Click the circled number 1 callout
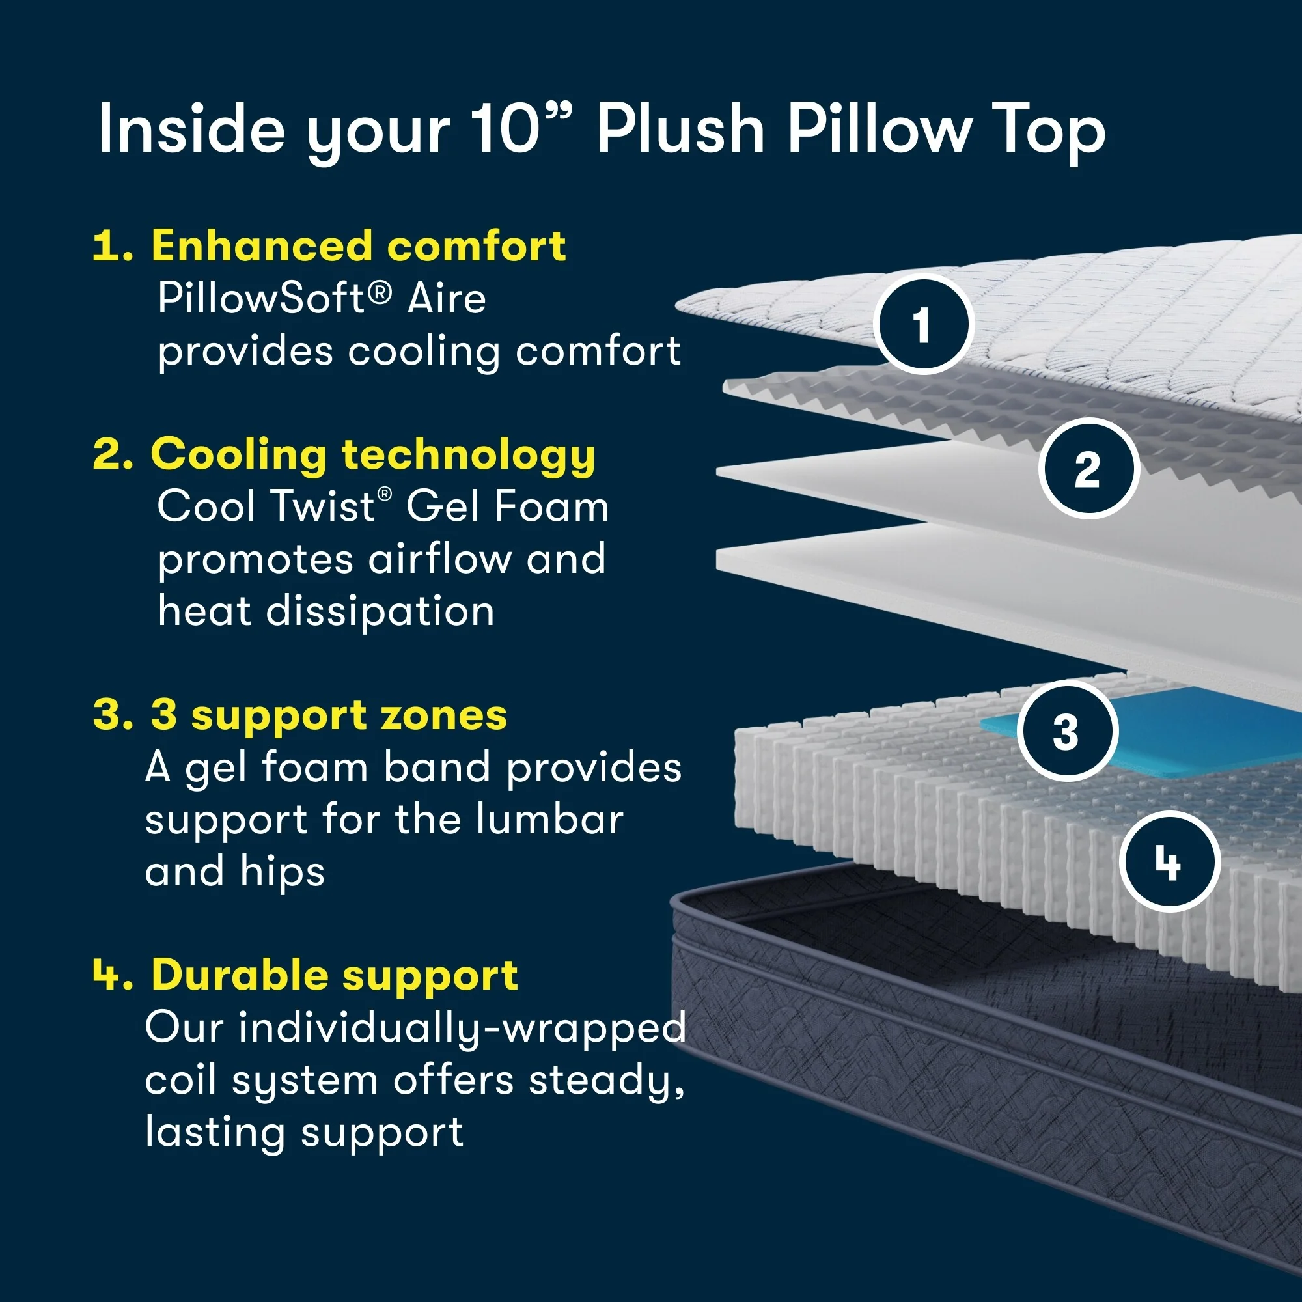pyautogui.click(x=923, y=324)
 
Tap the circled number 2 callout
pyautogui.click(x=1088, y=468)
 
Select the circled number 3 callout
pyautogui.click(x=1066, y=731)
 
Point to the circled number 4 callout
pyautogui.click(x=1169, y=862)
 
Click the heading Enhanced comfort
pyautogui.click(x=357, y=246)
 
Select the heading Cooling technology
pyautogui.click(x=372, y=454)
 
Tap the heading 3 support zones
pyautogui.click(x=328, y=715)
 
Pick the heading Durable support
pyautogui.click(x=334, y=975)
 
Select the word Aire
pyautogui.click(x=446, y=298)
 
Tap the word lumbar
pyautogui.click(x=549, y=820)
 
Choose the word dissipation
pyautogui.click(x=380, y=611)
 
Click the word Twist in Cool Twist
pyautogui.click(x=322, y=506)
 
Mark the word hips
pyautogui.click(x=282, y=872)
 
